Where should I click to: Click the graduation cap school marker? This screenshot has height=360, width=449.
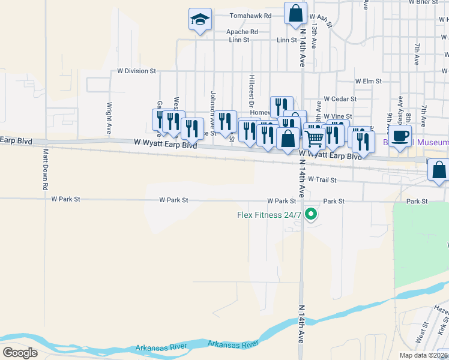(x=200, y=19)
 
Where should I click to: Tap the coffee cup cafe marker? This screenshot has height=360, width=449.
(x=400, y=136)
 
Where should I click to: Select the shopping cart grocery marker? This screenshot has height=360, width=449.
(x=315, y=139)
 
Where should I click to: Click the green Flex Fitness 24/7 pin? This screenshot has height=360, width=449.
(x=311, y=214)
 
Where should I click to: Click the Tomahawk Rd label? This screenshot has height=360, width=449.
(x=251, y=16)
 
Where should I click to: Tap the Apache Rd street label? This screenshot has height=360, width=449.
(x=242, y=32)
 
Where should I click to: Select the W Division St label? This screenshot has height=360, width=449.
(x=136, y=71)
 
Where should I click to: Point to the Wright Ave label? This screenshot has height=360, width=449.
(x=110, y=112)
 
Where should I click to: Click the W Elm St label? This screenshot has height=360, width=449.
(x=368, y=80)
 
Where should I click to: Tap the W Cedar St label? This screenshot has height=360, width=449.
(x=340, y=98)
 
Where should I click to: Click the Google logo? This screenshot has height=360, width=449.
(x=20, y=352)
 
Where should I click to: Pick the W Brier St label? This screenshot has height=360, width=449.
(x=423, y=2)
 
